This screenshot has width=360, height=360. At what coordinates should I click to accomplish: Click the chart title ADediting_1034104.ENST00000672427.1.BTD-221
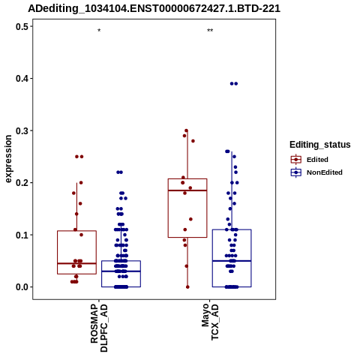(154, 9)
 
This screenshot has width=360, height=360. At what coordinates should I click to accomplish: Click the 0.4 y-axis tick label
(22, 79)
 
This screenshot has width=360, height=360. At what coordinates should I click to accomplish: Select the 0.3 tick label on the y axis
(22, 130)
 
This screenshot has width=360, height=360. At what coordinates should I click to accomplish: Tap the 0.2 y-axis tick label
(22, 183)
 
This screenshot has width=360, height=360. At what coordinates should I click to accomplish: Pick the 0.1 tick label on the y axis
(22, 235)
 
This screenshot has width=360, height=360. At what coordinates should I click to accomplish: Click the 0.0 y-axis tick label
(22, 287)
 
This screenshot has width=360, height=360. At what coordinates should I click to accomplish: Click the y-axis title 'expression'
(8, 159)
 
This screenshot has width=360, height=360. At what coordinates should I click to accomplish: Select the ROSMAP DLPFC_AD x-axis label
(99, 328)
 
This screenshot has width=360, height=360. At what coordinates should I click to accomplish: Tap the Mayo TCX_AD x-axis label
(210, 322)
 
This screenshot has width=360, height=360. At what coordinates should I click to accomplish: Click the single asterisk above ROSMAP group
(99, 31)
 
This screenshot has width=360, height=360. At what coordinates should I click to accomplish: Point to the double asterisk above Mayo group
(210, 31)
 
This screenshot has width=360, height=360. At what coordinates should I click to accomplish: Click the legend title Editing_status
(320, 145)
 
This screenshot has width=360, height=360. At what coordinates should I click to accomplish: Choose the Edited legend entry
(310, 160)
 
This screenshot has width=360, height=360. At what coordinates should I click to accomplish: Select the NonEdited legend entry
(316, 172)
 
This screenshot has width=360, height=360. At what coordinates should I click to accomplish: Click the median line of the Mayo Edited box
(187, 190)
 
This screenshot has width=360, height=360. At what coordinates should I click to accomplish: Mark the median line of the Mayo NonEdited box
(232, 261)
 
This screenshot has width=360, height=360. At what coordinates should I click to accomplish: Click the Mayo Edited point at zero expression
(187, 287)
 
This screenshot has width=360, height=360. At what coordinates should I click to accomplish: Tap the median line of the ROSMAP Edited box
(76, 263)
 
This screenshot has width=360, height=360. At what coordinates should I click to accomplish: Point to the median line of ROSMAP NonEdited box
(121, 271)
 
